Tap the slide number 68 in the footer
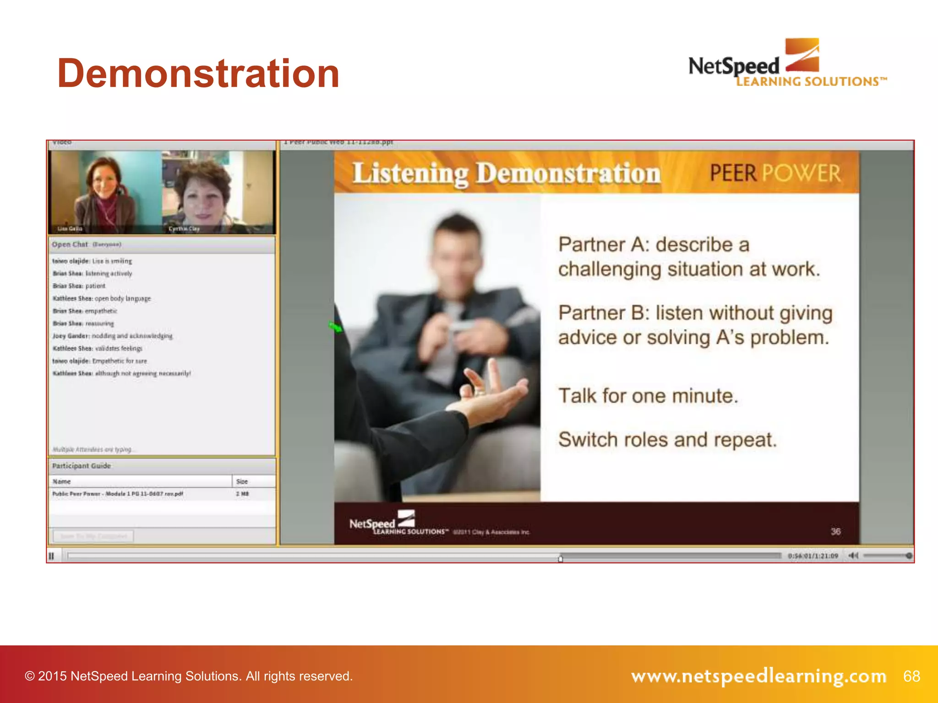[911, 676]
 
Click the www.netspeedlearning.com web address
[758, 676]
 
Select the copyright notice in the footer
[189, 676]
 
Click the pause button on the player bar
[51, 556]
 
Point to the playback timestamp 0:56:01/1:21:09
[813, 556]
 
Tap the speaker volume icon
[853, 556]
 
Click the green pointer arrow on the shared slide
[336, 327]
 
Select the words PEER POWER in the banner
[775, 173]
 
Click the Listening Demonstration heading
[506, 174]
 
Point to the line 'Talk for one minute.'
[648, 395]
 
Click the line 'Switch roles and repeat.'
[667, 439]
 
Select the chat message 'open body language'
[122, 298]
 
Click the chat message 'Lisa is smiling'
[112, 261]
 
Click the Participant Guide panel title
[81, 466]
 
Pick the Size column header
[242, 481]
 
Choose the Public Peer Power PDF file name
[118, 494]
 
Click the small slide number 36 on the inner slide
[835, 531]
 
